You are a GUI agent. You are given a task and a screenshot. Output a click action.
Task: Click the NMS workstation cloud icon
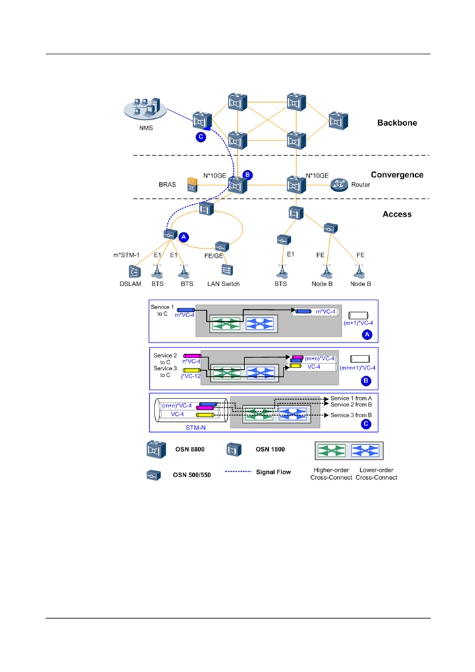tap(145, 108)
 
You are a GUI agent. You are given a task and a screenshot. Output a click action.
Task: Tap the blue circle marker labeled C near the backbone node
tap(200, 137)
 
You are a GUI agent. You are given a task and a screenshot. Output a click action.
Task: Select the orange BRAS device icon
tap(192, 185)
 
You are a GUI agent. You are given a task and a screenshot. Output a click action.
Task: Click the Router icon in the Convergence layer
tap(339, 185)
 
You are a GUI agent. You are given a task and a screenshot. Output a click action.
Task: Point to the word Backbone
tap(397, 123)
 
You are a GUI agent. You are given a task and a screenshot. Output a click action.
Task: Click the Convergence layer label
tap(397, 175)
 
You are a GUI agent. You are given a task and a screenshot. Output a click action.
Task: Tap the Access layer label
tap(397, 214)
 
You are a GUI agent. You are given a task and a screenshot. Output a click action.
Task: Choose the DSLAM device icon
tap(134, 271)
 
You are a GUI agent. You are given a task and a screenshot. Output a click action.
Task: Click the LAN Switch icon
tap(226, 270)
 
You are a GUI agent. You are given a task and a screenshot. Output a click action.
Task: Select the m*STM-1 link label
tap(126, 255)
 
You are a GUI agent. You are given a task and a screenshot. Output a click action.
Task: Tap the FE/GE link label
tap(214, 256)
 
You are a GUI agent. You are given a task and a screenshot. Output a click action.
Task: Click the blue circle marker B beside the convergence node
tap(247, 175)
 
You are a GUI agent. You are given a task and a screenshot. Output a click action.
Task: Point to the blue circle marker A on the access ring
tap(183, 237)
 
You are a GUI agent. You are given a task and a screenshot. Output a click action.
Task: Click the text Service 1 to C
tap(163, 310)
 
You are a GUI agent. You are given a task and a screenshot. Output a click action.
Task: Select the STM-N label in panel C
tap(196, 427)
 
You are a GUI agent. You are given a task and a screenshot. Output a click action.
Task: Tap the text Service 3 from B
tap(351, 415)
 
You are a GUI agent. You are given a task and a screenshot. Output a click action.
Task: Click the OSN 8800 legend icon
tap(156, 450)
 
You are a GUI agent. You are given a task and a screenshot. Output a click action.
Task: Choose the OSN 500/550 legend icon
tap(154, 475)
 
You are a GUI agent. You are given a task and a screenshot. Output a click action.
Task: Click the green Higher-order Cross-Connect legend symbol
tap(331, 451)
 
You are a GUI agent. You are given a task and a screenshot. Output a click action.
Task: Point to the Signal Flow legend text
tap(273, 472)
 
